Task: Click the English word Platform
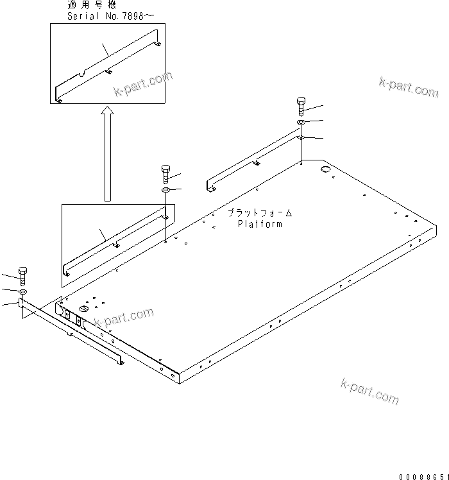(259, 225)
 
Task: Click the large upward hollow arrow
(108, 154)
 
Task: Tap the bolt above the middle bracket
(165, 174)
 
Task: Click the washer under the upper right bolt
(301, 123)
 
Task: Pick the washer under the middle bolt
(165, 191)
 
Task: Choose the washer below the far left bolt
(23, 292)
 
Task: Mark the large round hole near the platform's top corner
(325, 169)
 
